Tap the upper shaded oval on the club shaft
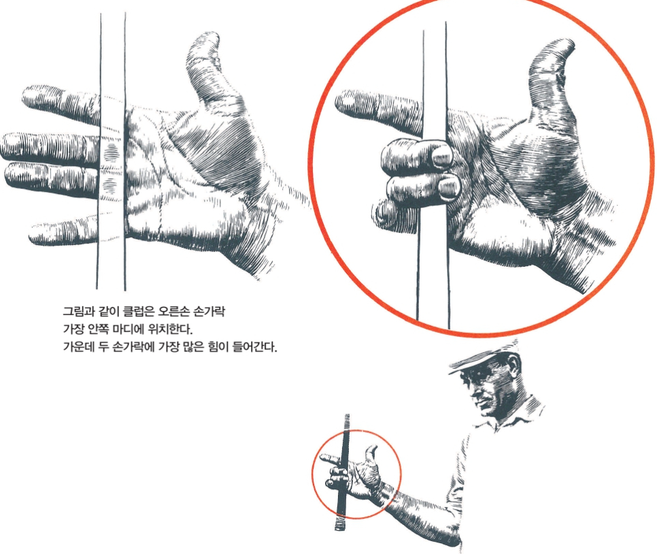click(x=112, y=152)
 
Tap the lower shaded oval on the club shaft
click(x=110, y=186)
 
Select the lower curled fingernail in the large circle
click(x=449, y=186)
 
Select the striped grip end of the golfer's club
click(x=340, y=522)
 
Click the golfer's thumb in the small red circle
click(x=371, y=455)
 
